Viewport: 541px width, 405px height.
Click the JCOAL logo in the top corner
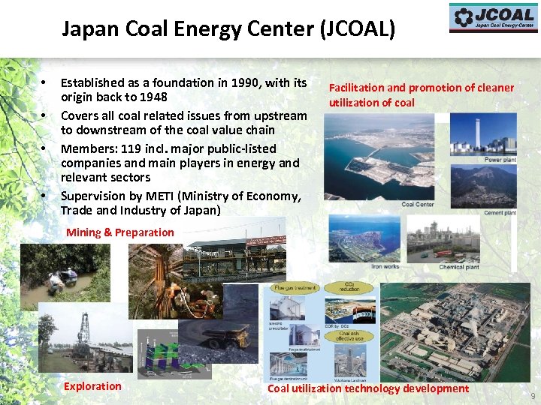pyautogui.click(x=493, y=17)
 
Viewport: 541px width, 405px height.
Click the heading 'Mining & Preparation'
pyautogui.click(x=119, y=232)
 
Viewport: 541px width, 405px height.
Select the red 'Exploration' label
pyautogui.click(x=92, y=386)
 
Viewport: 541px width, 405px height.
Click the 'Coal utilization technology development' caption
pyautogui.click(x=368, y=388)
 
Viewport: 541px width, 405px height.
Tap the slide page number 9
pyautogui.click(x=533, y=395)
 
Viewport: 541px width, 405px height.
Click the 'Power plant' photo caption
pyautogui.click(x=500, y=160)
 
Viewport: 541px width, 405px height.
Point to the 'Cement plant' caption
pyautogui.click(x=500, y=213)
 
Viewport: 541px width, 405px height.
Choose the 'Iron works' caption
pyautogui.click(x=385, y=266)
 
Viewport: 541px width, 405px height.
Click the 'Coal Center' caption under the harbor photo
pyautogui.click(x=418, y=205)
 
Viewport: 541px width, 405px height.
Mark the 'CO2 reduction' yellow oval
pyautogui.click(x=348, y=287)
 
